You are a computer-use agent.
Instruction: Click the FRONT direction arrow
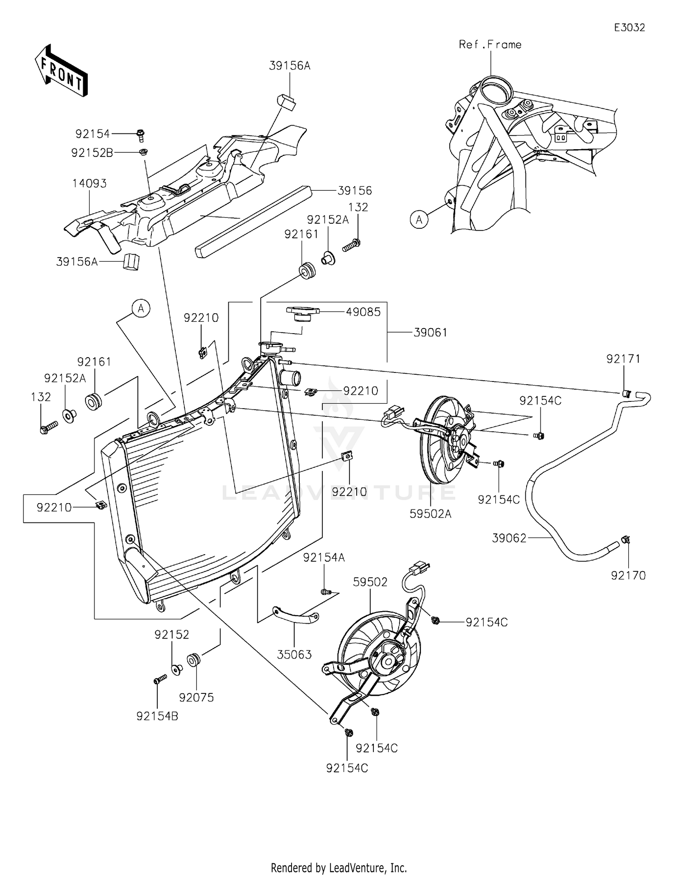(x=61, y=71)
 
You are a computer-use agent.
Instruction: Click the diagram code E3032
(x=629, y=28)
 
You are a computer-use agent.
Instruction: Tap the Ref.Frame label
(x=490, y=44)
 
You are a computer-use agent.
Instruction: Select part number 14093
(x=89, y=184)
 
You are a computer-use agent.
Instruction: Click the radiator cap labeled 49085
(x=302, y=314)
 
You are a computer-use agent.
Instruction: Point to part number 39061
(x=430, y=333)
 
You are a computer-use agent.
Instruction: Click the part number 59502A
(x=431, y=514)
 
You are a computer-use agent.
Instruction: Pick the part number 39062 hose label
(x=509, y=538)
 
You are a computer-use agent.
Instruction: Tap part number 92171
(x=624, y=359)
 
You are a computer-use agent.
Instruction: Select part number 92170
(x=628, y=575)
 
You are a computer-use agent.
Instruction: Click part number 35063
(x=294, y=654)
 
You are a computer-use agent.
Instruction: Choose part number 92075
(x=196, y=697)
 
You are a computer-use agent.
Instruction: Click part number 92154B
(x=157, y=716)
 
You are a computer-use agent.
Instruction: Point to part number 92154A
(x=324, y=558)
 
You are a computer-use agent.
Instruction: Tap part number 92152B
(x=92, y=153)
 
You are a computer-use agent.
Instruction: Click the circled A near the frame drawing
(x=419, y=220)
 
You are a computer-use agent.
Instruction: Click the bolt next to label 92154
(x=140, y=135)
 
